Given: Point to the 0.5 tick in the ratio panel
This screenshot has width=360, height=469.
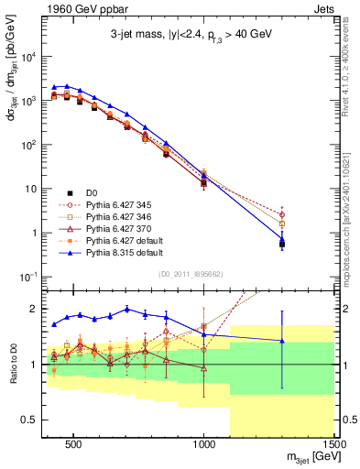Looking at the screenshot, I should point(30,420).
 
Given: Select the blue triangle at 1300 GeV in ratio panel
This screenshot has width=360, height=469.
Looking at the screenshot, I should point(282,341).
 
